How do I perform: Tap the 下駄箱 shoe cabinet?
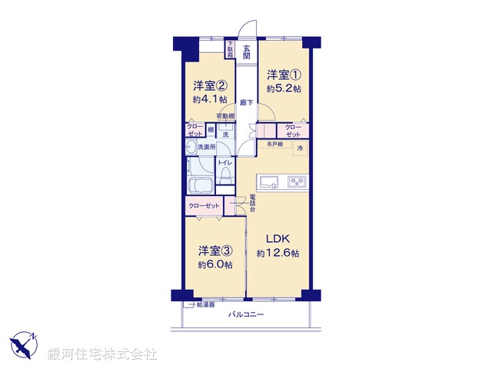click(x=229, y=50)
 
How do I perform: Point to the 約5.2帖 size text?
click(x=283, y=89)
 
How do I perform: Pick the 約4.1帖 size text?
click(x=209, y=99)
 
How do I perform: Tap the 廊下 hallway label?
click(x=246, y=102)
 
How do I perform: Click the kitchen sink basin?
click(x=270, y=182)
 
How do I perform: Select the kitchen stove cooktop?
click(x=297, y=182)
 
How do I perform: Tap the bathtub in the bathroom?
click(x=201, y=185)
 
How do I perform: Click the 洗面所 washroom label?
click(x=206, y=146)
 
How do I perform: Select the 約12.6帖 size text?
click(x=278, y=253)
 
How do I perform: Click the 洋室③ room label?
click(x=214, y=250)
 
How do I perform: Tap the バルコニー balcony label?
click(x=246, y=314)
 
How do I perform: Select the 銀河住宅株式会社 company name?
click(x=102, y=354)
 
